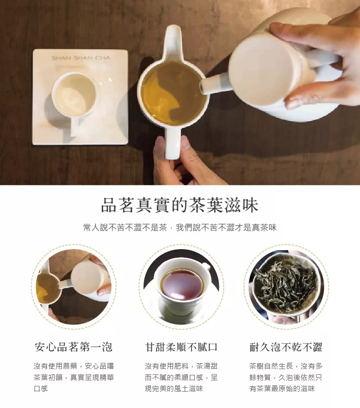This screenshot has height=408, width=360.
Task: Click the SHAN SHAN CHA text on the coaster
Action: (81, 58)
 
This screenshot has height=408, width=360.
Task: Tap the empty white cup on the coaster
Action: (74, 95)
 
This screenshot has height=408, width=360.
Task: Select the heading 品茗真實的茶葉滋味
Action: (180, 205)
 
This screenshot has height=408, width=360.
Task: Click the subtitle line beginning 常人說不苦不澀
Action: (180, 228)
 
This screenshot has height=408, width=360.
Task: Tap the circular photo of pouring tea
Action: (73, 287)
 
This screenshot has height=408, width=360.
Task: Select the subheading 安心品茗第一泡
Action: (73, 347)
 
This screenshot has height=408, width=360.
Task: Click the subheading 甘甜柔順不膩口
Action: (181, 347)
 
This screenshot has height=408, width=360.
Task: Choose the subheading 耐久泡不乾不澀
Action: (286, 347)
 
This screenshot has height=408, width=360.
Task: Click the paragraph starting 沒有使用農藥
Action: (74, 377)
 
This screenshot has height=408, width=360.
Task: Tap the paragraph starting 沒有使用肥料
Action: (181, 377)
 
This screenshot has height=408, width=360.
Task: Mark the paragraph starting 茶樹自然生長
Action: (286, 377)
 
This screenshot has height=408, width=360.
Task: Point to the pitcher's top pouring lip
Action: (173, 39)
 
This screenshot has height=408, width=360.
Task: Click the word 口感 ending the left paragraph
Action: (41, 389)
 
